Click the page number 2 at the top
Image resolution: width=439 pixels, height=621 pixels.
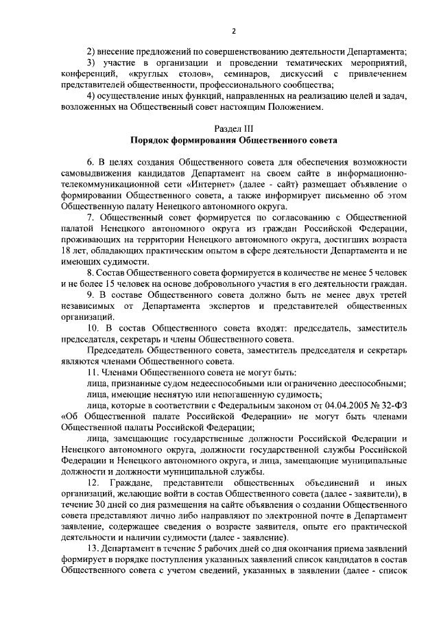click(x=233, y=31)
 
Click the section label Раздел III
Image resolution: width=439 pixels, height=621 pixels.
click(x=233, y=128)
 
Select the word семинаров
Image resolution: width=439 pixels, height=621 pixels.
click(x=239, y=73)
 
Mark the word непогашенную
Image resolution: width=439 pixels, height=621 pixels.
click(x=235, y=396)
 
